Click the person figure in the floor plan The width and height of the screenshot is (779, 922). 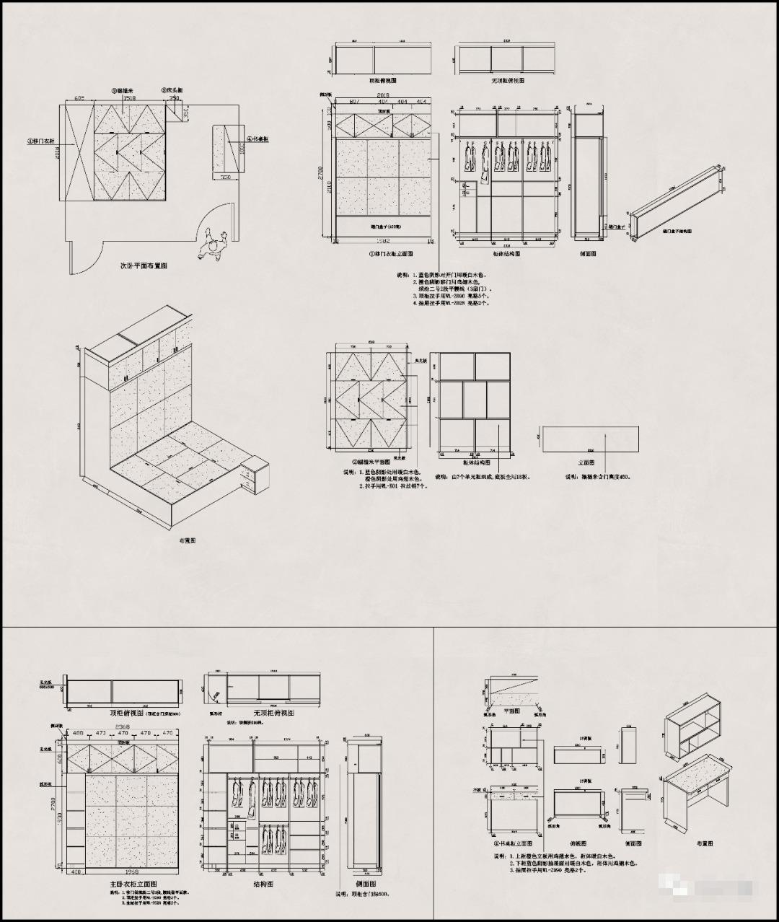[211, 245]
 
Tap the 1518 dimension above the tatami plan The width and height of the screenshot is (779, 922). [130, 97]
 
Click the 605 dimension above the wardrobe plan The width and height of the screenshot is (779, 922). [79, 97]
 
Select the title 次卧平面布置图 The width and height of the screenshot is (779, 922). [144, 265]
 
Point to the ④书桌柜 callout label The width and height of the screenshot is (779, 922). [258, 139]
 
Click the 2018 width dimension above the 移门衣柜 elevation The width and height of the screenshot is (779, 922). [383, 95]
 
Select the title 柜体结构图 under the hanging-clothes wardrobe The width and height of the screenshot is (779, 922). [506, 253]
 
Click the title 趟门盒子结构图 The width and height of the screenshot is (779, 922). [677, 232]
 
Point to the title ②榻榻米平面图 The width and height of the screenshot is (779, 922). [372, 462]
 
